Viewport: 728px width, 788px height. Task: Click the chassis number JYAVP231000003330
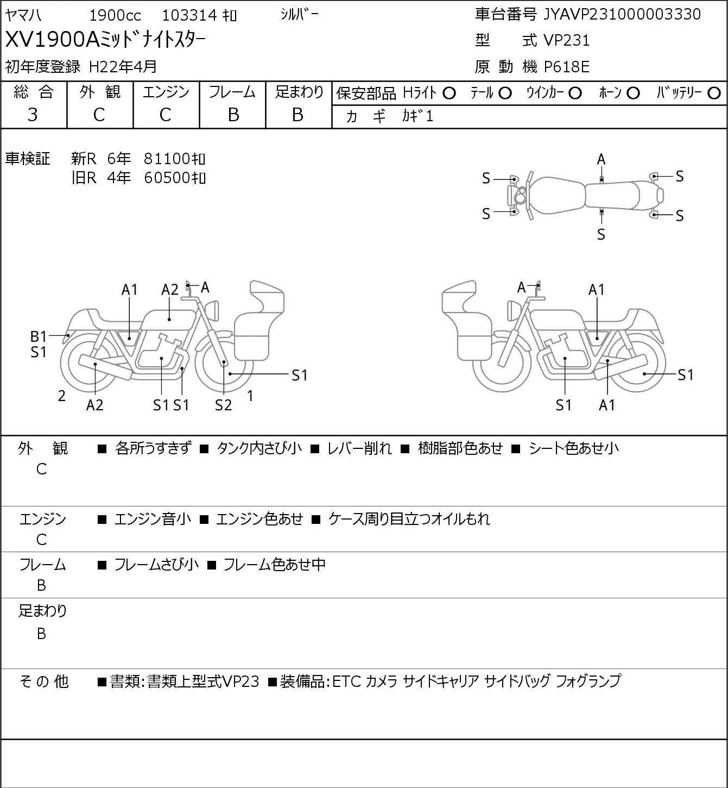pyautogui.click(x=622, y=14)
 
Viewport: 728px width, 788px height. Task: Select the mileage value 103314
pyautogui.click(x=189, y=15)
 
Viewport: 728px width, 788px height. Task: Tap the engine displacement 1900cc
pyautogui.click(x=115, y=15)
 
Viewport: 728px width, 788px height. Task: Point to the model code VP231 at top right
pyautogui.click(x=567, y=40)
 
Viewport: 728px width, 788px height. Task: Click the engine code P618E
pyautogui.click(x=567, y=67)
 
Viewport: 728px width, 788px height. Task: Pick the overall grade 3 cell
pyautogui.click(x=33, y=115)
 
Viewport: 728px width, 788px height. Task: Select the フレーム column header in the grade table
pyautogui.click(x=232, y=92)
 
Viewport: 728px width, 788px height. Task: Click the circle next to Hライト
pyautogui.click(x=449, y=93)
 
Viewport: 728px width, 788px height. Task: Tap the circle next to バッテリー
pyautogui.click(x=714, y=93)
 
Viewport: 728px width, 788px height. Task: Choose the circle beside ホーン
pyautogui.click(x=633, y=93)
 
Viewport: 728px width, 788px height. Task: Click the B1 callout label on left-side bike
pyautogui.click(x=39, y=336)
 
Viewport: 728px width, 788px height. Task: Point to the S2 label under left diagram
pyautogui.click(x=223, y=405)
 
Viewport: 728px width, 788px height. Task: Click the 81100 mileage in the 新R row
pyautogui.click(x=174, y=159)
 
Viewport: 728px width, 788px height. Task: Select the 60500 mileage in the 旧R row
pyautogui.click(x=174, y=178)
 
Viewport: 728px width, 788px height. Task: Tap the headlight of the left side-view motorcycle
pyautogui.click(x=212, y=310)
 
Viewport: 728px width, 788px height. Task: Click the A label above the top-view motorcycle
pyautogui.click(x=601, y=160)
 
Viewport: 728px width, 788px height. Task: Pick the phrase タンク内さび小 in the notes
pyautogui.click(x=259, y=448)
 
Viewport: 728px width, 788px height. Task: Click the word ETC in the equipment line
pyautogui.click(x=346, y=681)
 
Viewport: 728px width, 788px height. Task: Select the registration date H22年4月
pyautogui.click(x=123, y=67)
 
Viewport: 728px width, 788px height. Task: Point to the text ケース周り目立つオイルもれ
pyautogui.click(x=409, y=519)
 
